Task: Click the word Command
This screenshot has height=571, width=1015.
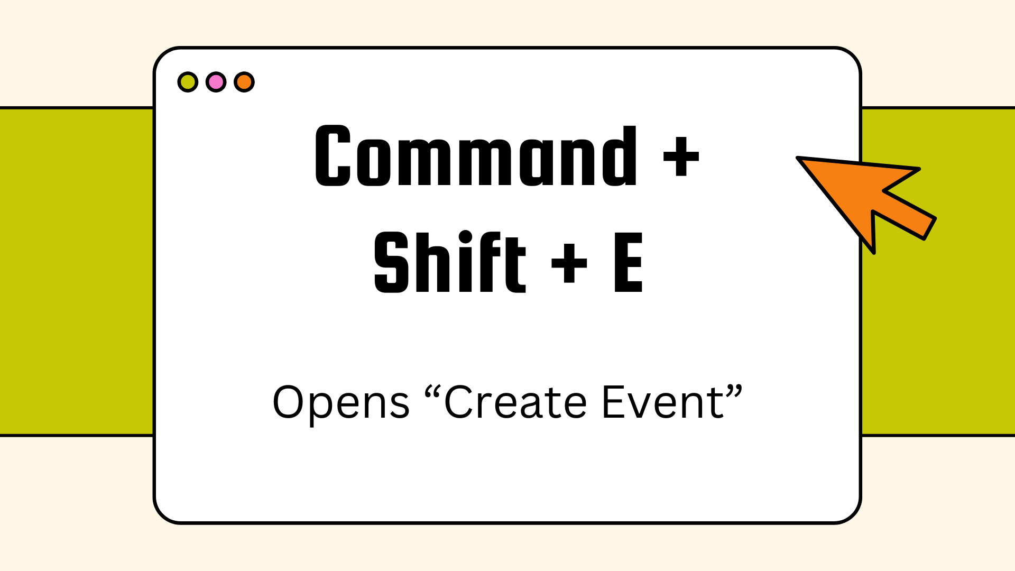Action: tap(476, 156)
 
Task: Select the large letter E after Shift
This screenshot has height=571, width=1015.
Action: tap(629, 263)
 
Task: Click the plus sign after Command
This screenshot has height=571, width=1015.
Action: tap(681, 156)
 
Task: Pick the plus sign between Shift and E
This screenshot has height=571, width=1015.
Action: tap(569, 263)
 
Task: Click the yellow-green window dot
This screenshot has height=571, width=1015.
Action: tap(188, 82)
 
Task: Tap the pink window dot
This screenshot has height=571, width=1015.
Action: tap(216, 82)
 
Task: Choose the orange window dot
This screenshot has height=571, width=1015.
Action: tap(244, 82)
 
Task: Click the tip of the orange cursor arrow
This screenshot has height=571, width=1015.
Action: tap(798, 158)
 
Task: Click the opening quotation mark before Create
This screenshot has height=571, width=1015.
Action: tap(432, 392)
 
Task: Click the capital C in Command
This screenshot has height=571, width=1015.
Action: tap(333, 156)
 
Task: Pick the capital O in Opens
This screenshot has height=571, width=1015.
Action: tap(289, 402)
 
